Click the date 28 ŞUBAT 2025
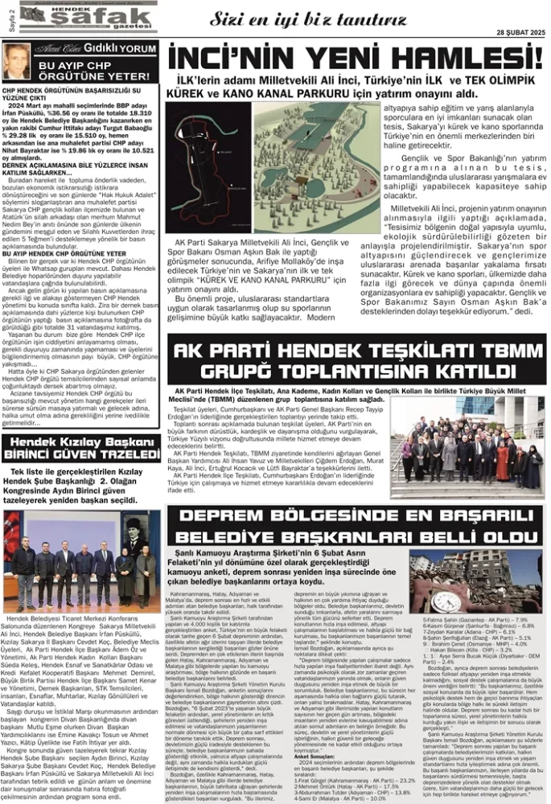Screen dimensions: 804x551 click(x=520, y=31)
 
